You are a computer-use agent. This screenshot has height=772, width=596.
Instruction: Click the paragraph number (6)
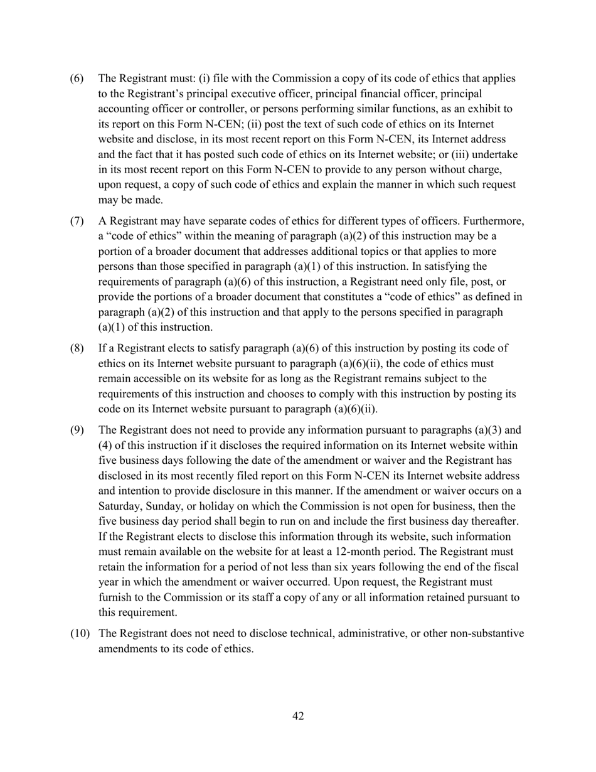(75, 78)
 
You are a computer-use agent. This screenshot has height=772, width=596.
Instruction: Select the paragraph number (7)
(75, 221)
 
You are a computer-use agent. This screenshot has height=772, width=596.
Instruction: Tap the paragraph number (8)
(75, 348)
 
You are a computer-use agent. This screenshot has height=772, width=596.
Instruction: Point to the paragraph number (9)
(75, 431)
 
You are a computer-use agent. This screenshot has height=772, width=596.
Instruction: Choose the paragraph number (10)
(79, 634)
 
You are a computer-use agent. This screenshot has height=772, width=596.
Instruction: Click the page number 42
(298, 716)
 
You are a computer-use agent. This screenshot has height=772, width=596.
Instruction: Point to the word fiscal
(505, 567)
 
